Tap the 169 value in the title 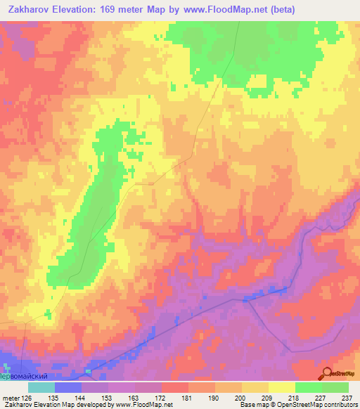110,9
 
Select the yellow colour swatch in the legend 281,387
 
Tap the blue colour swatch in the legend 67,387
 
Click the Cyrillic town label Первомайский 27,376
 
